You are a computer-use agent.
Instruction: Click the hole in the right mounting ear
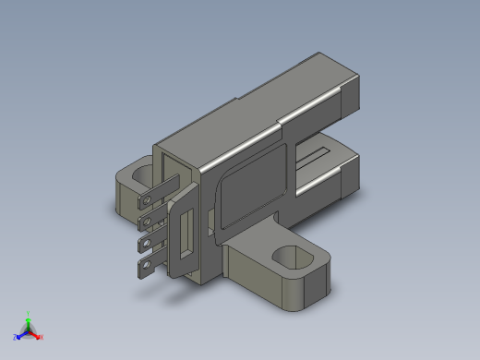[x=294, y=255]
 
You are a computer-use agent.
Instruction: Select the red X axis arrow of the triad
[x=36, y=334]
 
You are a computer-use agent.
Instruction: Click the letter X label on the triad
[x=42, y=337]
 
